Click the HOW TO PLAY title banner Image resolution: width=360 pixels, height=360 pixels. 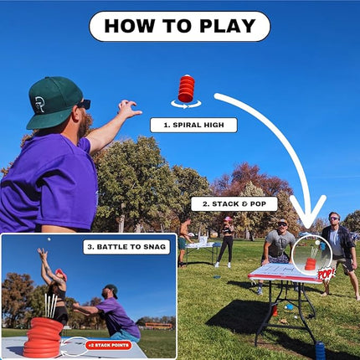179,26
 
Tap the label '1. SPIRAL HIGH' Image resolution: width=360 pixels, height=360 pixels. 193,125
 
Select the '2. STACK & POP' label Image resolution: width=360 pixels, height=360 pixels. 234,203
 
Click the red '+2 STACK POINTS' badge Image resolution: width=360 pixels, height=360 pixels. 108,344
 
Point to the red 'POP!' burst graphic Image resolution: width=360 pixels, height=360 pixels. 325,274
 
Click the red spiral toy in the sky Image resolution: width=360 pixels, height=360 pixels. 185,87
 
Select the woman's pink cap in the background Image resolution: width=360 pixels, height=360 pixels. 227,219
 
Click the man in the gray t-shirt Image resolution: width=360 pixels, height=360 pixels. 280,244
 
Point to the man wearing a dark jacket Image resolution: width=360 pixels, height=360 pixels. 337,243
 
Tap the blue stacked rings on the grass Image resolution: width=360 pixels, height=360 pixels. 319,349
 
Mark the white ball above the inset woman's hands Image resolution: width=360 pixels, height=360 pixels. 48,239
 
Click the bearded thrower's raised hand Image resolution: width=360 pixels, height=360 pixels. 127,108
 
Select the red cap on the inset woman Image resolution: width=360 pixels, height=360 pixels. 60,273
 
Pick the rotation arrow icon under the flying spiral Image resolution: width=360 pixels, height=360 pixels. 186,104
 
